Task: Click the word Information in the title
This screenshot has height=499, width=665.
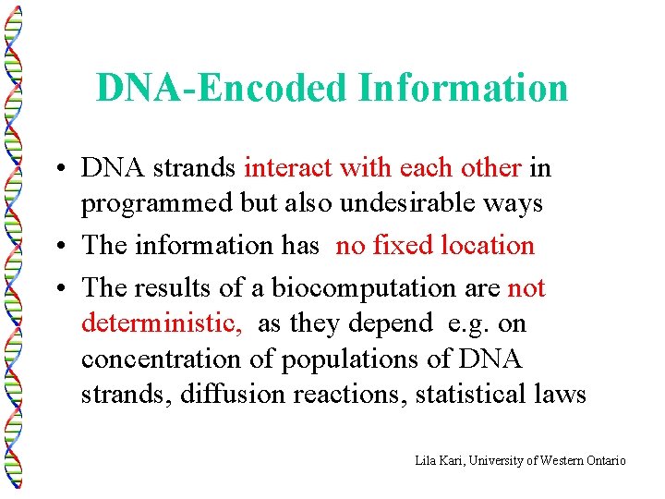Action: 463,88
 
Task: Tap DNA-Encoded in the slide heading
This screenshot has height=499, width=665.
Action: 223,88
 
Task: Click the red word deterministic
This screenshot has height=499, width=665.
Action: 162,323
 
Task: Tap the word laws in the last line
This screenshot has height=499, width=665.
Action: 563,395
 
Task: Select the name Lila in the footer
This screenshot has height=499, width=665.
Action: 427,459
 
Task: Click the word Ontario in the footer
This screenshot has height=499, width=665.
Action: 604,459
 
